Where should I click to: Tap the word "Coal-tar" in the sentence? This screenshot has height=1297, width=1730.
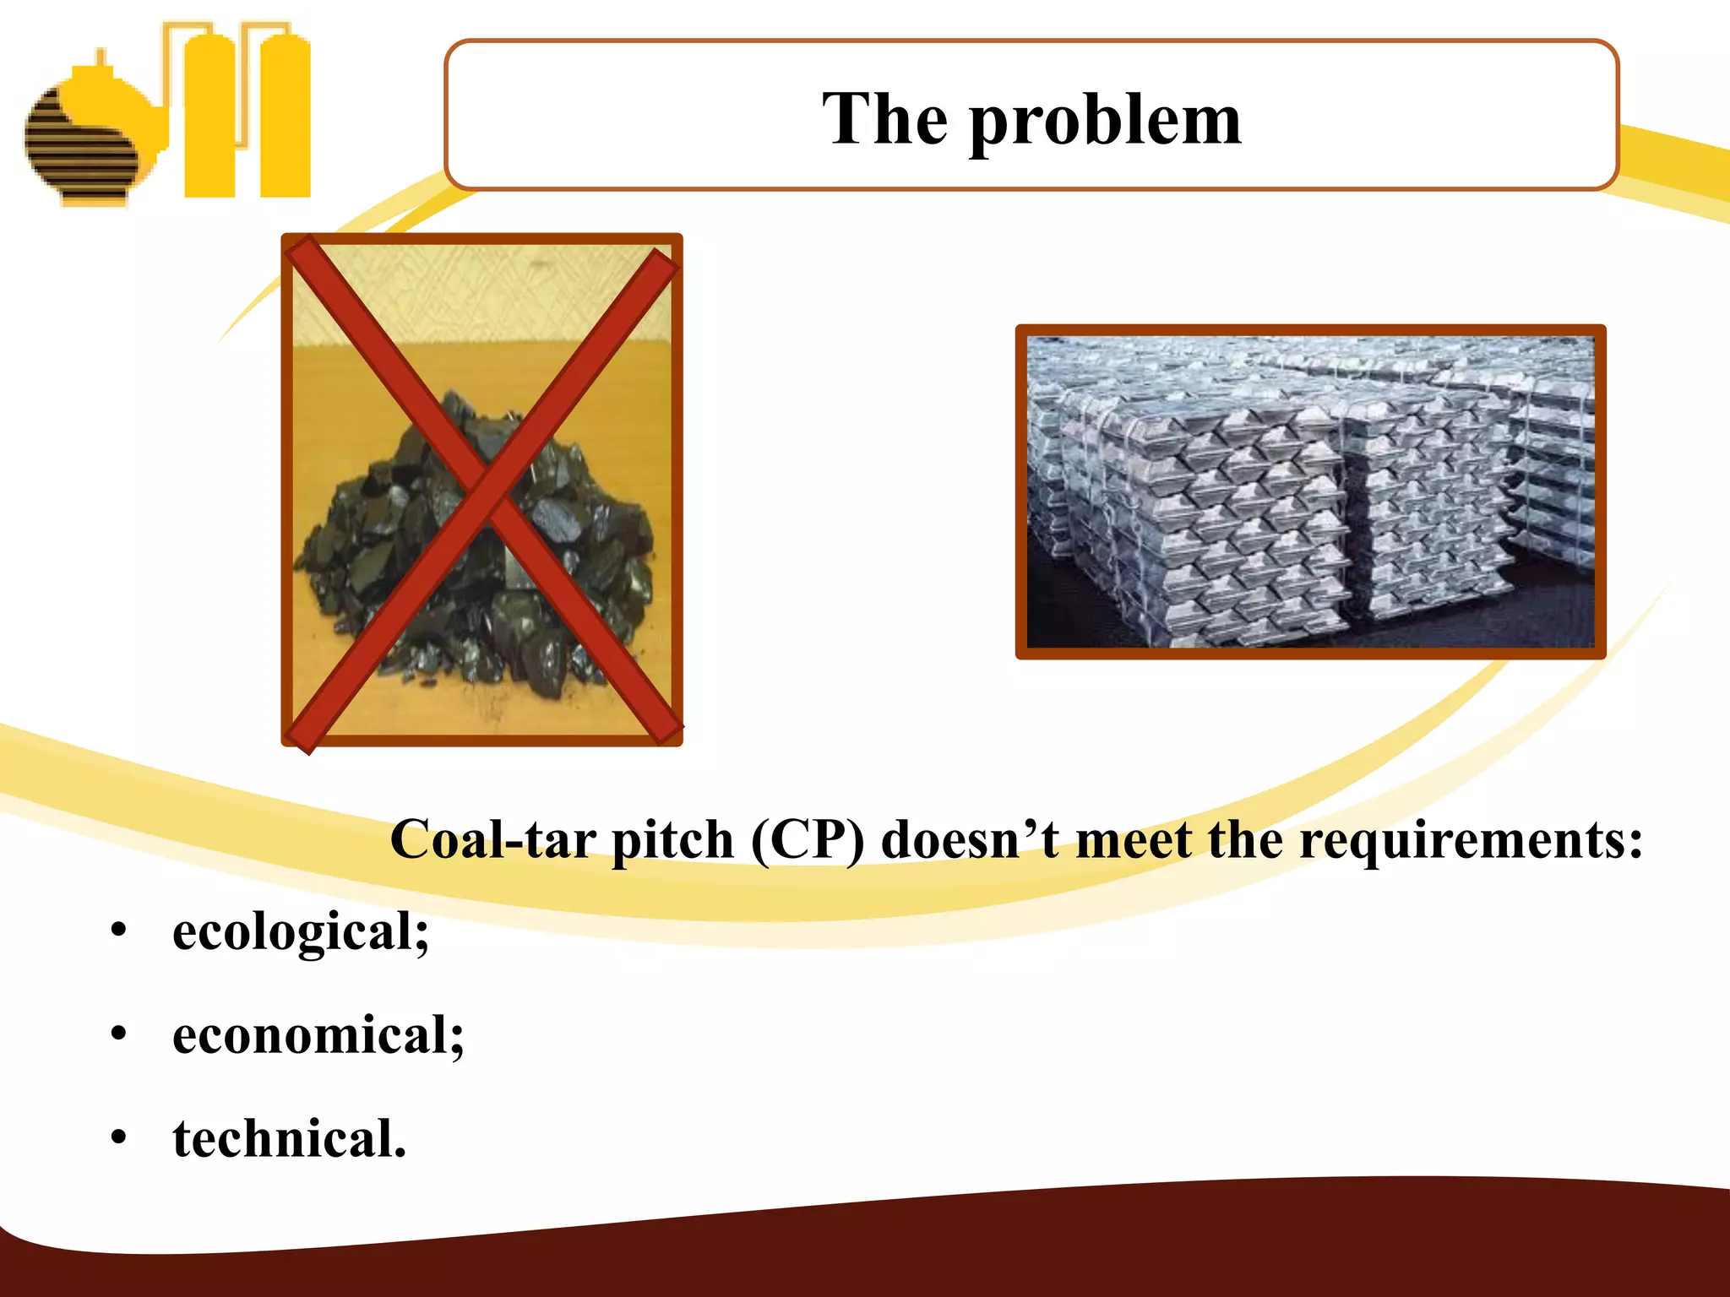pyautogui.click(x=494, y=840)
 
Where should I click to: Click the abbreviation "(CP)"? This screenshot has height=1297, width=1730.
pyautogui.click(x=807, y=840)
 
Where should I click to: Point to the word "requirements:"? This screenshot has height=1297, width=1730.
pyautogui.click(x=1471, y=840)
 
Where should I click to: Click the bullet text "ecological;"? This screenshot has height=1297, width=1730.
pyautogui.click(x=301, y=933)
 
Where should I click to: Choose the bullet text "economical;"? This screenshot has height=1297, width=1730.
pyautogui.click(x=318, y=1036)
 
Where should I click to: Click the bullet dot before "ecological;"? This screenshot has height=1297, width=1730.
pyautogui.click(x=118, y=932)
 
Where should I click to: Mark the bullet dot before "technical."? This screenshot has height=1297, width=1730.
pyautogui.click(x=118, y=1138)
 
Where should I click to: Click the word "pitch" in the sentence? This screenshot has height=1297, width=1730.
pyautogui.click(x=672, y=840)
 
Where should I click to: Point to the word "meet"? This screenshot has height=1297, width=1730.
pyautogui.click(x=1135, y=840)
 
